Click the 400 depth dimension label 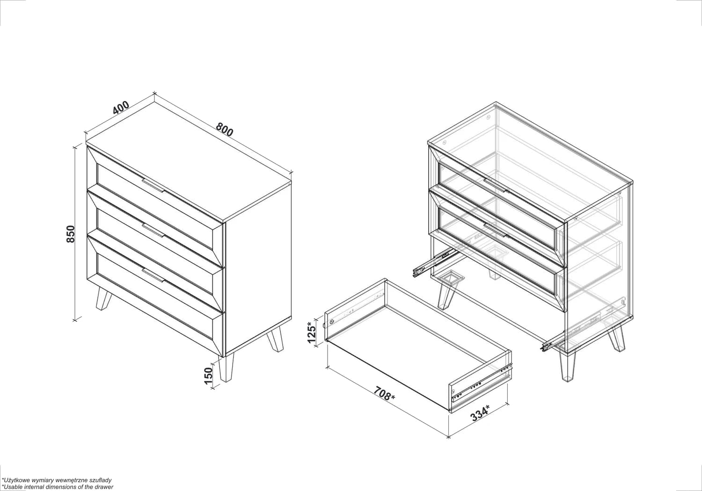pos(121,108)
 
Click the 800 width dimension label pos(224,130)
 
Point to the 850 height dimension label pos(71,234)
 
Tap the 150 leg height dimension pos(208,376)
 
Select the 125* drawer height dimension pos(312,332)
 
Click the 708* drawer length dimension pos(384,394)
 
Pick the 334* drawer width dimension pos(480,413)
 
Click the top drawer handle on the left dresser pos(153,185)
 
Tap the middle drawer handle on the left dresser pos(153,231)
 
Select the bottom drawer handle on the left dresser pos(153,275)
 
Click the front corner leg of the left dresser pos(226,368)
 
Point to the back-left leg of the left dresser pos(103,299)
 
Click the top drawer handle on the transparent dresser pos(495,185)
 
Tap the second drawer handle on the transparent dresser pos(495,230)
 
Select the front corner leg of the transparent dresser pos(567,367)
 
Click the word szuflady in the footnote pos(100,480)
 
